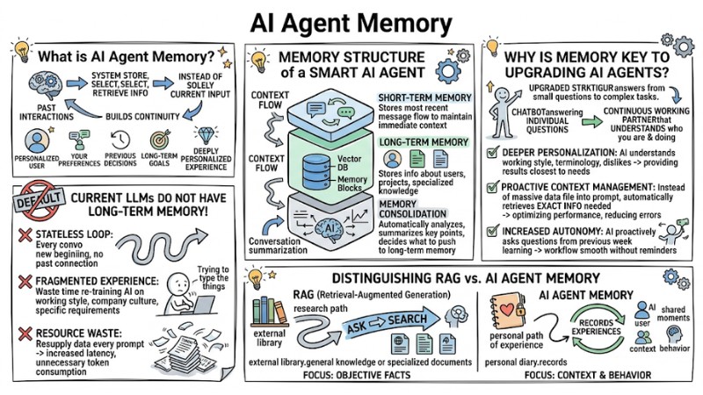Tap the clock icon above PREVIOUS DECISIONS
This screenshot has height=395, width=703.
[x=120, y=140]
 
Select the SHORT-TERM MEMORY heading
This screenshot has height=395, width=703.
[x=418, y=97]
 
